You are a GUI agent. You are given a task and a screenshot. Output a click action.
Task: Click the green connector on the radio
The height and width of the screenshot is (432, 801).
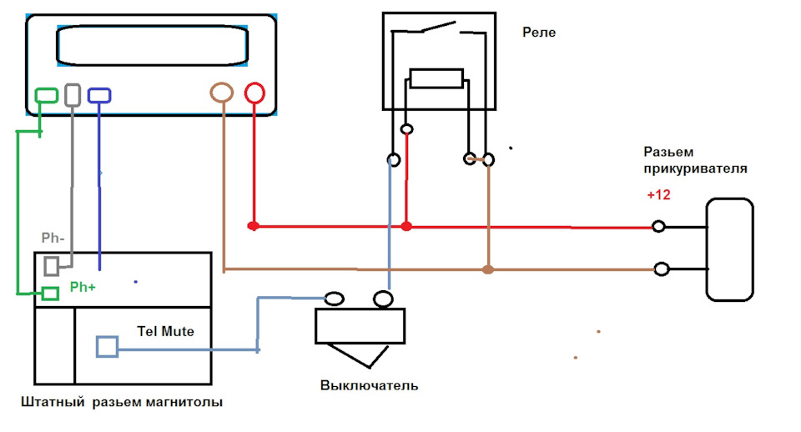tap(46, 89)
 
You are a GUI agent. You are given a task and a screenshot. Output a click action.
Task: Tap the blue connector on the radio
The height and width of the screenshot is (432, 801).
tap(99, 89)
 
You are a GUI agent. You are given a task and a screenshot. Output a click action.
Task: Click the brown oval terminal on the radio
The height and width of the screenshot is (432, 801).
tap(222, 83)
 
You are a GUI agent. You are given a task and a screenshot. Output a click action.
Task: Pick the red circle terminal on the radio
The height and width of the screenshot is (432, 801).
tap(254, 83)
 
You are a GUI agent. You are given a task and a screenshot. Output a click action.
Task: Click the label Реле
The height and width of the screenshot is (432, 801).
tap(539, 33)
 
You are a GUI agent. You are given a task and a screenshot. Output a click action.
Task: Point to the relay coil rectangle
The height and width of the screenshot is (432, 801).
tap(436, 70)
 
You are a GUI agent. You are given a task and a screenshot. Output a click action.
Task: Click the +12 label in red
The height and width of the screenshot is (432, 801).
tap(658, 195)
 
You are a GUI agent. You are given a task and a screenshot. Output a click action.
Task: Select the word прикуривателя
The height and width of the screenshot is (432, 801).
tap(695, 169)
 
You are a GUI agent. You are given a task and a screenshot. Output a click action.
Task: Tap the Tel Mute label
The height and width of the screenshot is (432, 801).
tap(165, 331)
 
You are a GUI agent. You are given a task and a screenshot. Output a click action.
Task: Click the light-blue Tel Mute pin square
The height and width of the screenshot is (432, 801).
tap(108, 337)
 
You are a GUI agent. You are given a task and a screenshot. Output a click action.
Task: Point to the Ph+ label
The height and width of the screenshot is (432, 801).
tap(83, 288)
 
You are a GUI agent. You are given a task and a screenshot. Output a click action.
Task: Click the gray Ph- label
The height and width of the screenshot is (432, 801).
tap(53, 238)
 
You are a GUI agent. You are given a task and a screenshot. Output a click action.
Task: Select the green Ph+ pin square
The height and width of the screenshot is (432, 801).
tap(50, 289)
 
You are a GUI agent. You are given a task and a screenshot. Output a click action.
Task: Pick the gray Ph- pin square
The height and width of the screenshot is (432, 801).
tap(51, 259)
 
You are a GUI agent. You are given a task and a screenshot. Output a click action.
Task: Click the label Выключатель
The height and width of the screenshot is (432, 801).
tap(370, 385)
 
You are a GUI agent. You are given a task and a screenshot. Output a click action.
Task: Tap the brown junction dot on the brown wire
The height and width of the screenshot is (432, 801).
tap(488, 269)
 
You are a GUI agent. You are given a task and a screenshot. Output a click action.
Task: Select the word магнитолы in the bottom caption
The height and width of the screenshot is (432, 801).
tap(184, 402)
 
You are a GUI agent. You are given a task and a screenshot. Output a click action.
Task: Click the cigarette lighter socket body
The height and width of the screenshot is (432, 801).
tap(707, 249)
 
